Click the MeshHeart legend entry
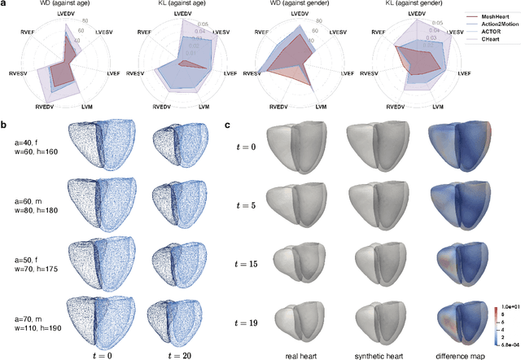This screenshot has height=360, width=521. click(494, 15)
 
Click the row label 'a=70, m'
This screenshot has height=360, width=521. click(30, 306)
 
